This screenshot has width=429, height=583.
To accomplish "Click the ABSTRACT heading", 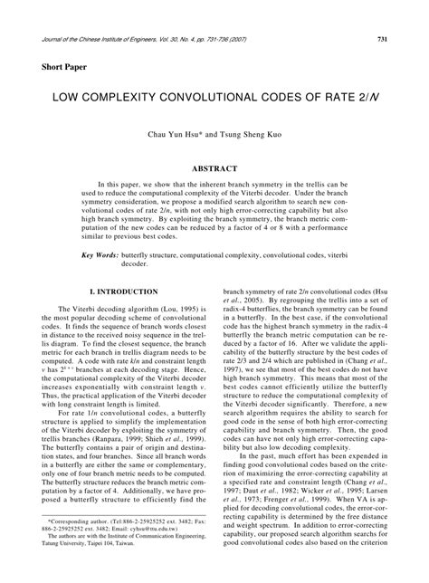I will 214,168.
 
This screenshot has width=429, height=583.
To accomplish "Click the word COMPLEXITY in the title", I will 122,94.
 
